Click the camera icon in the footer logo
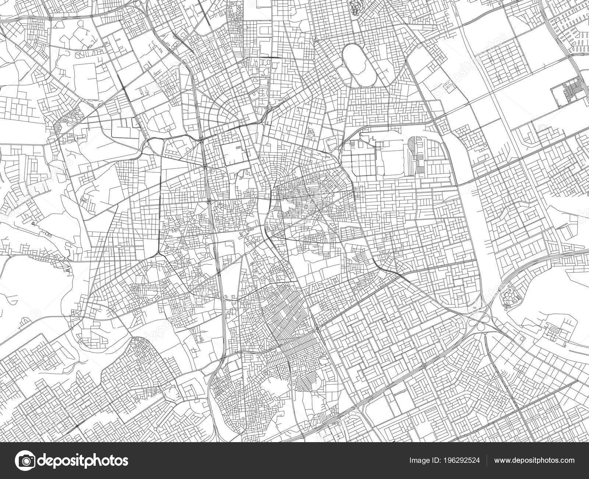coord(26,461)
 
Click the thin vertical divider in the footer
coord(487,461)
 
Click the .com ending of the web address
coord(567,461)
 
